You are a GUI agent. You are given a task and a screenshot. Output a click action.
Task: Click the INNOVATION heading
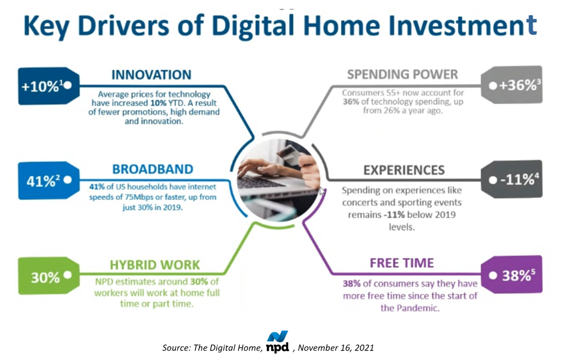tap(151, 75)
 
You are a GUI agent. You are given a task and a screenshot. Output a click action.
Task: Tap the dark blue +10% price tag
tap(49, 86)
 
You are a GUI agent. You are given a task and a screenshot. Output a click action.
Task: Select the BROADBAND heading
tap(152, 169)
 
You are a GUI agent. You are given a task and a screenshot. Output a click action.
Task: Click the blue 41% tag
tap(49, 180)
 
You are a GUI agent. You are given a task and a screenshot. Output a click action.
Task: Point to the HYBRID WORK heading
tap(154, 264)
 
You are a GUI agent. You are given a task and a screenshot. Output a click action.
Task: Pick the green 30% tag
tap(49, 276)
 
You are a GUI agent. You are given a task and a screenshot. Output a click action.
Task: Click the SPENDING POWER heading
tap(403, 74)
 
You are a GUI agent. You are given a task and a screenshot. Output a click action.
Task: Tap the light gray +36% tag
tap(512, 85)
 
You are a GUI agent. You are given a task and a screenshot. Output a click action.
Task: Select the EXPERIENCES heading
tap(404, 170)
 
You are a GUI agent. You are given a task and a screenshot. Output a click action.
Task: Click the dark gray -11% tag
tap(512, 179)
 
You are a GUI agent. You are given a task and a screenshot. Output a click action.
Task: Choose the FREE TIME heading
tap(402, 263)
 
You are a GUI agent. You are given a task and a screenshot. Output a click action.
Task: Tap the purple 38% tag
tap(512, 274)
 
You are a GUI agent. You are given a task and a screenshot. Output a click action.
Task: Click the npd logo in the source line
tap(278, 341)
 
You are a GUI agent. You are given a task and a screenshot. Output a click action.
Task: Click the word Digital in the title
tap(254, 26)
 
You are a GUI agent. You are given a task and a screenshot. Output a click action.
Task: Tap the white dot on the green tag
tap(67, 275)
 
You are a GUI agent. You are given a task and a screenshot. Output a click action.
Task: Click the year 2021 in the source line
tap(364, 347)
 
